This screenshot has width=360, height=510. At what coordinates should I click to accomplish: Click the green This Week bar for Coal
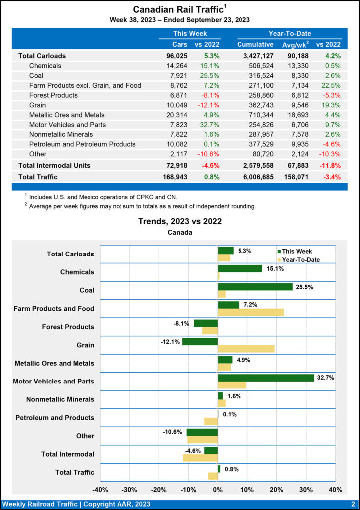coord(255,287)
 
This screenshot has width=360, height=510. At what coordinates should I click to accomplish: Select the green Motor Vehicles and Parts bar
coord(265,378)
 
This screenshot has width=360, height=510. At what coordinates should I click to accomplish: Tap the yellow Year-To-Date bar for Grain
coord(246,349)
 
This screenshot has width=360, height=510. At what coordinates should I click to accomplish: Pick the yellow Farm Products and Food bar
coord(250,312)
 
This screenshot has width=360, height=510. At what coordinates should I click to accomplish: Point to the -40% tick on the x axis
coord(100,489)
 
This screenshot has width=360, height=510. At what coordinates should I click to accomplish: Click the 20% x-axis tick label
coord(276,489)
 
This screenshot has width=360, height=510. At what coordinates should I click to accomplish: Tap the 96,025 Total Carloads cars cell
coord(177,56)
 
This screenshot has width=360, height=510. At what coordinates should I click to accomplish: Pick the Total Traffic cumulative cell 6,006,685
coord(255,176)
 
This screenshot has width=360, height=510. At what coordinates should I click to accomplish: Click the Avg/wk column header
coord(295,44)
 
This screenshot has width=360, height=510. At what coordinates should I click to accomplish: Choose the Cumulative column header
coord(255,44)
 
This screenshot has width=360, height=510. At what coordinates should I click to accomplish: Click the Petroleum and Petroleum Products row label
coord(82,144)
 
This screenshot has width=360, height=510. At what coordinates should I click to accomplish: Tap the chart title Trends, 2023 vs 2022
coord(180,221)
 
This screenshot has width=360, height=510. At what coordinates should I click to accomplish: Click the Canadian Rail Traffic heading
coord(178,10)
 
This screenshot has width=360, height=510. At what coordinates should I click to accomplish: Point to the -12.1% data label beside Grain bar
coord(170,342)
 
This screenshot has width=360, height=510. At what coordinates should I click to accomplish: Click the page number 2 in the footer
coord(352,504)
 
